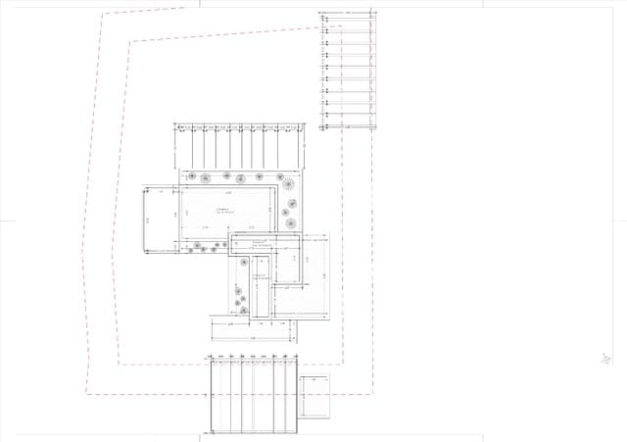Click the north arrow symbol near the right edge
[x=607, y=359]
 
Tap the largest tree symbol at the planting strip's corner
[x=288, y=183]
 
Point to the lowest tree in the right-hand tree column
[x=291, y=223]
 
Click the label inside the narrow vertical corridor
[x=261, y=278]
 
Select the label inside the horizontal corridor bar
[x=260, y=243]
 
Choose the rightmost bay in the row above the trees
[x=298, y=147]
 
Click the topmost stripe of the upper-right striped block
[x=348, y=18]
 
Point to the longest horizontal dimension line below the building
[x=252, y=338]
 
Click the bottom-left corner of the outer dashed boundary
[x=86, y=394]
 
